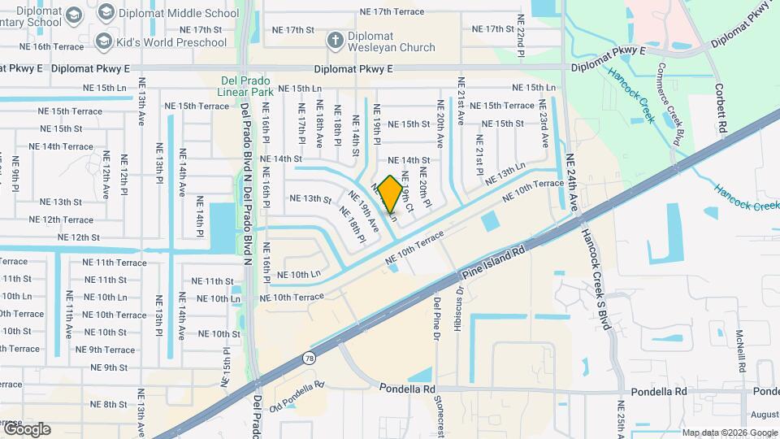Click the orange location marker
(390, 193)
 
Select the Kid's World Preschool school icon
(103, 41)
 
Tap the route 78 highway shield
(309, 358)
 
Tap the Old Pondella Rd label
(297, 395)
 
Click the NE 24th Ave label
(571, 183)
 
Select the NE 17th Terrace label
(392, 12)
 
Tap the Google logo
(26, 429)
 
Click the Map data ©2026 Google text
(729, 432)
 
